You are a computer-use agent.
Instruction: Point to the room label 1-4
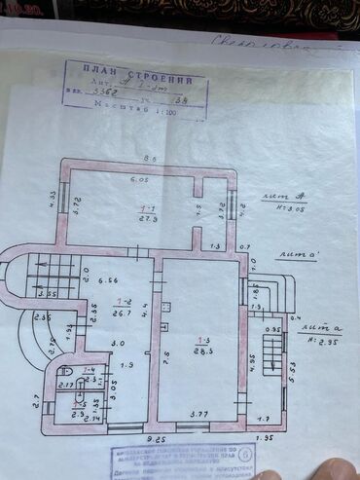pos(89,370)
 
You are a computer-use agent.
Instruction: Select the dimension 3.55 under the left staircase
pos(47,292)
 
